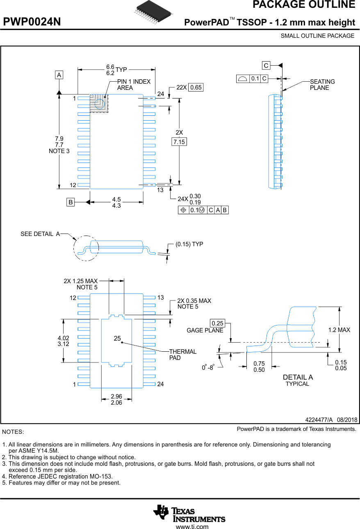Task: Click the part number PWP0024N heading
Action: (32, 22)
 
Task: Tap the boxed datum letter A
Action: (59, 75)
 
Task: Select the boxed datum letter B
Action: (71, 202)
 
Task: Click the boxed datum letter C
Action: (266, 66)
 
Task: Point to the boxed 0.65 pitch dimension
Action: (196, 87)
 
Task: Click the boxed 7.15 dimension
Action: (179, 142)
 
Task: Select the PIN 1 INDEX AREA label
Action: (134, 85)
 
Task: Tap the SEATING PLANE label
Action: (322, 85)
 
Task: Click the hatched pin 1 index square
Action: (99, 103)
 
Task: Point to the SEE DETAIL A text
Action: (40, 234)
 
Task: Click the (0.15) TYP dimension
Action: (189, 244)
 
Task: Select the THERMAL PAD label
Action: (182, 355)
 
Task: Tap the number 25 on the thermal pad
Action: (117, 339)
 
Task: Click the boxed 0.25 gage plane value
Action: (217, 323)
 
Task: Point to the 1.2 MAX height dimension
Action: (339, 330)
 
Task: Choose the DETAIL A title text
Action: (298, 377)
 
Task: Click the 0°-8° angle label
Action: (208, 368)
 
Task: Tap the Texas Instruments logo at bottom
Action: (189, 513)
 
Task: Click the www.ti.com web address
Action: (192, 527)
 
